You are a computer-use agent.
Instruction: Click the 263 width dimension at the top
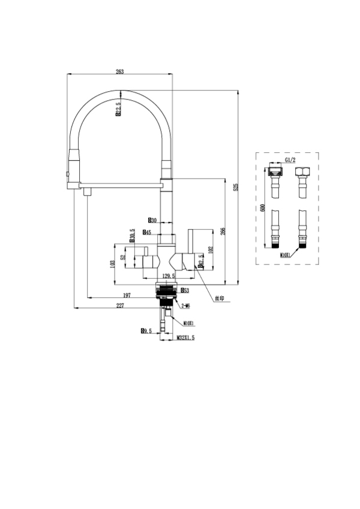(x=119, y=71)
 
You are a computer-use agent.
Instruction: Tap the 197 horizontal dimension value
(x=127, y=295)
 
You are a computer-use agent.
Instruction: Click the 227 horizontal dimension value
(x=120, y=306)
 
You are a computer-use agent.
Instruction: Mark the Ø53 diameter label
(x=185, y=290)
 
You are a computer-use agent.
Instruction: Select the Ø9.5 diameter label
(x=146, y=330)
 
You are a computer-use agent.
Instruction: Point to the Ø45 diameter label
(x=146, y=232)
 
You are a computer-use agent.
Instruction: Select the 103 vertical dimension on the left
(x=112, y=263)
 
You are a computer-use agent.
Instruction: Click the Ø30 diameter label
(x=152, y=220)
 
